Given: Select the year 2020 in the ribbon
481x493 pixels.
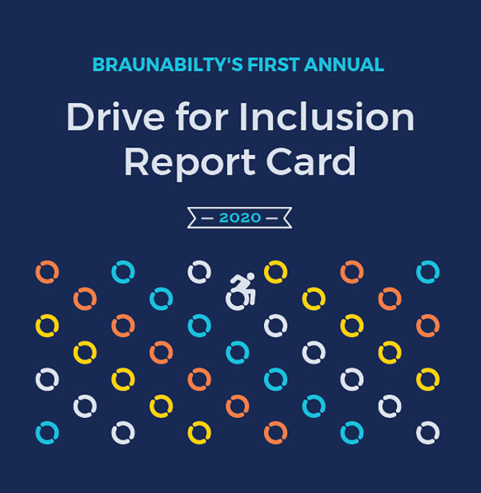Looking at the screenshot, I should point(240,217).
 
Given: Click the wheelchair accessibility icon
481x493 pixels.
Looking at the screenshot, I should point(241,291).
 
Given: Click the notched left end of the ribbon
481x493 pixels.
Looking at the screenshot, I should point(194,217).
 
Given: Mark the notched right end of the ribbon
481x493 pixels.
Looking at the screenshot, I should point(286,217).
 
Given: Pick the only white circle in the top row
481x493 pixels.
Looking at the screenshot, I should point(199,272).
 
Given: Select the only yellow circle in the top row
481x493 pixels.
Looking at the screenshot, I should point(275,272).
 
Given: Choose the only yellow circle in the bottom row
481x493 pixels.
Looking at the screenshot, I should point(199,432).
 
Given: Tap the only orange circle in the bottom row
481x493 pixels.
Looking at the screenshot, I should point(275,432).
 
